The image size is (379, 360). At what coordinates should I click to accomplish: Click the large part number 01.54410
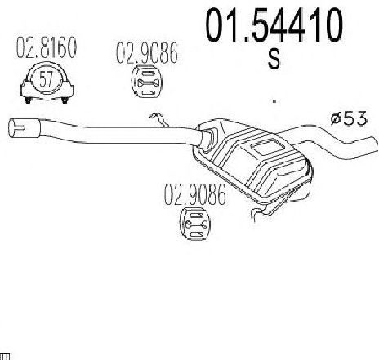point(274,24)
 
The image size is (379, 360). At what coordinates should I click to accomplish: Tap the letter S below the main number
point(274,60)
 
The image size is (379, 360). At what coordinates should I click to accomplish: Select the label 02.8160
point(47,47)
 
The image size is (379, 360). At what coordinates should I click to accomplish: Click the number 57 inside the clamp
point(46,79)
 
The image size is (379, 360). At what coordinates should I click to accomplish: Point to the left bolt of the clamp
point(28,100)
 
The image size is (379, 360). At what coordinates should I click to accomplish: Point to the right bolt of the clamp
point(65,100)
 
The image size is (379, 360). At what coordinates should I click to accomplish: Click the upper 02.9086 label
point(147,53)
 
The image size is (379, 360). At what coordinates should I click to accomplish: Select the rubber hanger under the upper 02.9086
point(146,81)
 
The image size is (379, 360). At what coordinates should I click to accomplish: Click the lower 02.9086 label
point(195,194)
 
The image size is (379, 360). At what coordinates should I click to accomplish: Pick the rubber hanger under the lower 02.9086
point(195,224)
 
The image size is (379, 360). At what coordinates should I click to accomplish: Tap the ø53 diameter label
point(349,118)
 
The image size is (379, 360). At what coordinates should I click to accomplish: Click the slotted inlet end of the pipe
point(25,128)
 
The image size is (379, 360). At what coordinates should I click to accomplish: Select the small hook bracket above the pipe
point(158,120)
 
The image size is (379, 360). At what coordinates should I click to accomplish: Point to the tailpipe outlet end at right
point(375,145)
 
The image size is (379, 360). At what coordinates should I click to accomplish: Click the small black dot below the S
point(274,101)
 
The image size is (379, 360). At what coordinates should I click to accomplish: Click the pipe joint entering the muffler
point(207,139)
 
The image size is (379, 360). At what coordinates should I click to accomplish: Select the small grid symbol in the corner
point(5,357)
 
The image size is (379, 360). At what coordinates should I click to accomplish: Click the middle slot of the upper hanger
point(146,82)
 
